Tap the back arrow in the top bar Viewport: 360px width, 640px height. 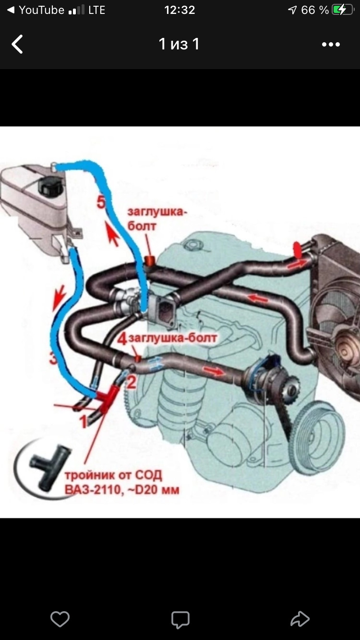17,44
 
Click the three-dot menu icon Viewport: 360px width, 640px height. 331,45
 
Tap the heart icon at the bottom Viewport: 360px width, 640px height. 60,619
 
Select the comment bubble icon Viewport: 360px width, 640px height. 180,619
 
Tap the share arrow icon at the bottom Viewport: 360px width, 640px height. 300,619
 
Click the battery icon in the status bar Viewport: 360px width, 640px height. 342,10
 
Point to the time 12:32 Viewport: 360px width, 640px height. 180,10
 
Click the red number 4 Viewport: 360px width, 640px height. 122,339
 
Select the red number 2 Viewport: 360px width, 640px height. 132,382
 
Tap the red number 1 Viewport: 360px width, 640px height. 83,422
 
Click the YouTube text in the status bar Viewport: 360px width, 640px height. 41,10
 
